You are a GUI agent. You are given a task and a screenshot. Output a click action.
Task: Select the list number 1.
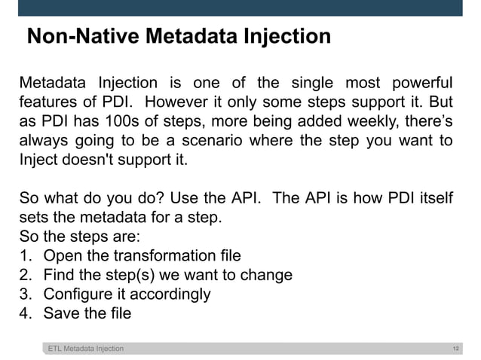tap(25, 255)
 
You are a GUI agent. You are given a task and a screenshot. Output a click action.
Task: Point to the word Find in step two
tap(60, 275)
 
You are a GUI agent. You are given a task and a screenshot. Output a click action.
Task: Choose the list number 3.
tap(25, 294)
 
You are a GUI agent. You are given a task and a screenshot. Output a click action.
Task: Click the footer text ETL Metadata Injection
tap(86, 349)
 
